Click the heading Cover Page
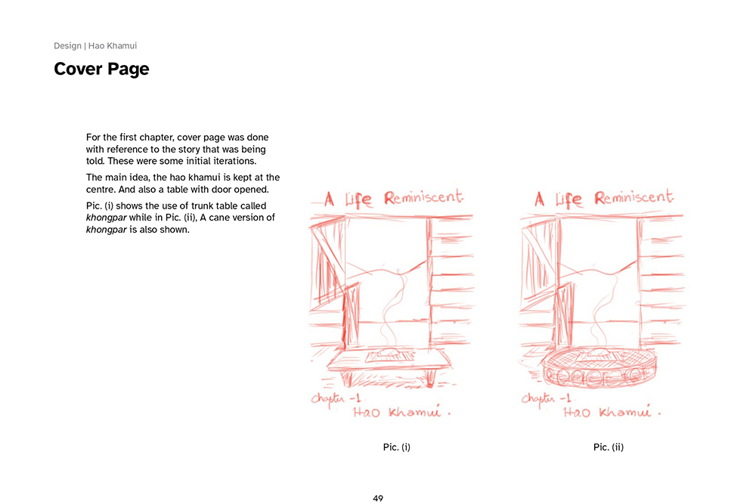tap(101, 70)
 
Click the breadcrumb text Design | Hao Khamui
tap(95, 46)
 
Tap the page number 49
tap(378, 498)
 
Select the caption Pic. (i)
tap(397, 447)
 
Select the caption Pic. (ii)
tap(609, 447)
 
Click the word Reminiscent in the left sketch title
tap(423, 198)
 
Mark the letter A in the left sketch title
tap(329, 200)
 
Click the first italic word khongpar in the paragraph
tap(105, 217)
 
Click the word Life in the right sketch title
tap(569, 200)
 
